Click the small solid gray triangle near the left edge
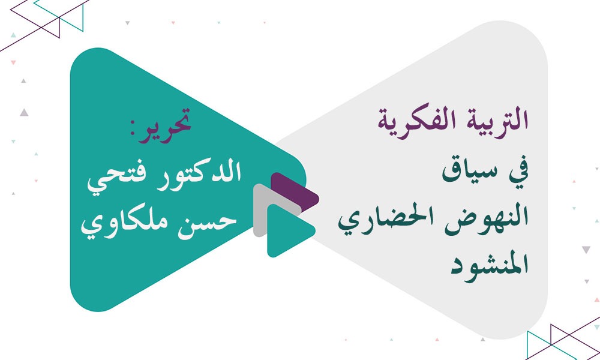pyautogui.click(x=23, y=112)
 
